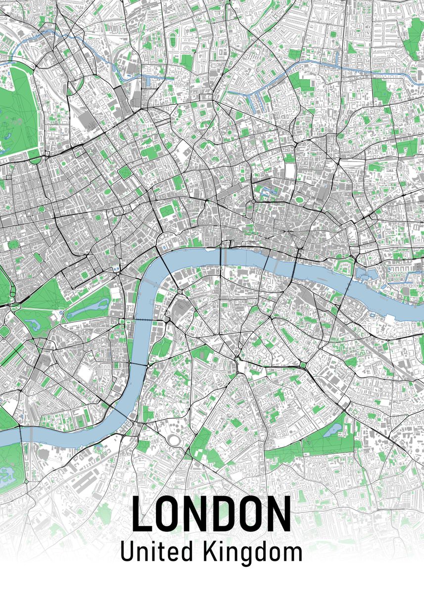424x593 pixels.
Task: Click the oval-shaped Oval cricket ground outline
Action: coord(174,439)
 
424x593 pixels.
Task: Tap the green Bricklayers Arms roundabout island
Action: coord(302,365)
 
